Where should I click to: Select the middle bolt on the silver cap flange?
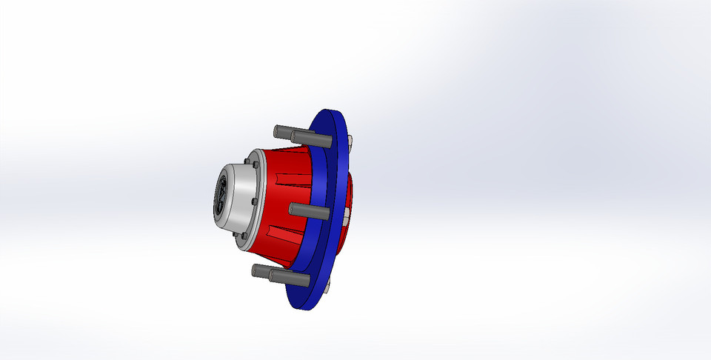coord(255,201)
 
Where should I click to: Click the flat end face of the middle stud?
coord(292,209)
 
